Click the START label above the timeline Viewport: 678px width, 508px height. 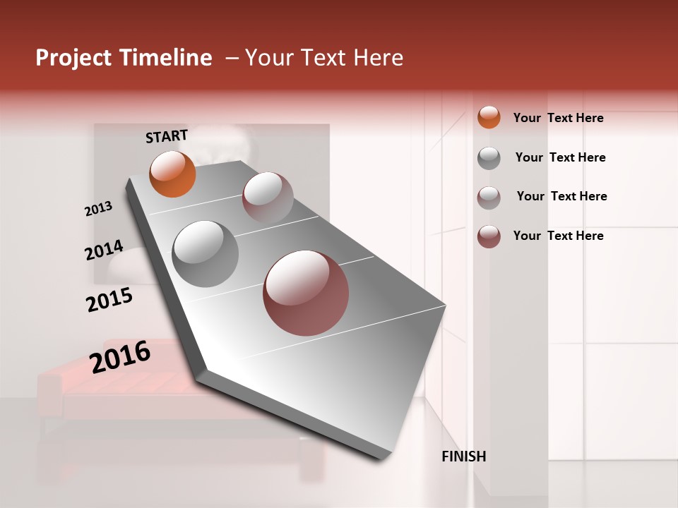(x=167, y=136)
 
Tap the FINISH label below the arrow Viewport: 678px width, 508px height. (x=463, y=456)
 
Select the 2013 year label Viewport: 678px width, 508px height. (x=98, y=209)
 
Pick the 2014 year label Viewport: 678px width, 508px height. (x=104, y=250)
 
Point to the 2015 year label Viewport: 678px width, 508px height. (x=109, y=300)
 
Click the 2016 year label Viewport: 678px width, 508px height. (x=120, y=356)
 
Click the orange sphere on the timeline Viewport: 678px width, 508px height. (x=172, y=174)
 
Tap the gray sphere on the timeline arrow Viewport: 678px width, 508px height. (x=205, y=253)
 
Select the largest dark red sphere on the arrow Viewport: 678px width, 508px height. (x=306, y=293)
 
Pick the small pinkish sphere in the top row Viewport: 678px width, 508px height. (x=268, y=197)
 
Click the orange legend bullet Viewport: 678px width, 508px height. (x=489, y=117)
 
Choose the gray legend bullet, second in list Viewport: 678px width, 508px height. (x=489, y=158)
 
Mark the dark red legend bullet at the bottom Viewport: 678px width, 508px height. (x=489, y=236)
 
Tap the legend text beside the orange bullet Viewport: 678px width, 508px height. (x=558, y=118)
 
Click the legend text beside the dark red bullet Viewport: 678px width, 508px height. (x=558, y=236)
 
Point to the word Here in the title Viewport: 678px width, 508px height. (x=378, y=58)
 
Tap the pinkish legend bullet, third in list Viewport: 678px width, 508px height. (x=489, y=197)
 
